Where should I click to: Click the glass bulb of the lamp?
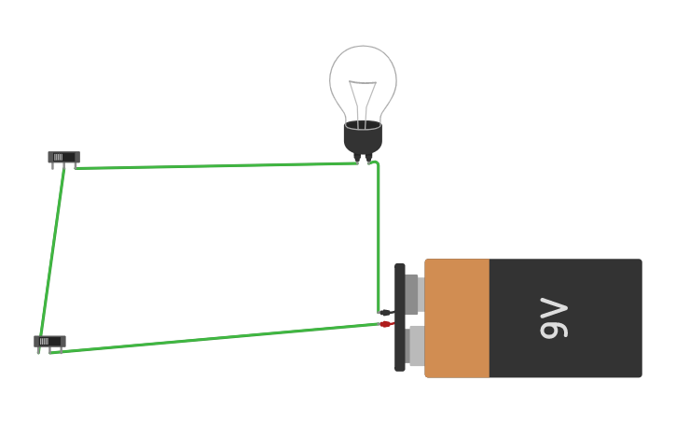coord(363,75)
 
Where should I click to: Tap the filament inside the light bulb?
coord(363,98)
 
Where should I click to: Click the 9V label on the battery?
coord(554,318)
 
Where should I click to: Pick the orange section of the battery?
coord(457,318)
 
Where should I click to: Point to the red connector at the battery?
coord(385,324)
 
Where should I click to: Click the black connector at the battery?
coord(385,313)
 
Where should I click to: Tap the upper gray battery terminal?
coord(413,294)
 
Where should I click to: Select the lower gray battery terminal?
coord(416,345)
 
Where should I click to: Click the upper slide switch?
coord(63,157)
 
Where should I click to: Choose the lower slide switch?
coord(49,341)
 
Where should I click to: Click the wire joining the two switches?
coord(52,252)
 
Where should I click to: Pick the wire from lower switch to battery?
coord(214,338)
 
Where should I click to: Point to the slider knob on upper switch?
coord(58,157)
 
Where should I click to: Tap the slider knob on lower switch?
coord(44,341)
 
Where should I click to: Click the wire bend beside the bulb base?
coord(376,164)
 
